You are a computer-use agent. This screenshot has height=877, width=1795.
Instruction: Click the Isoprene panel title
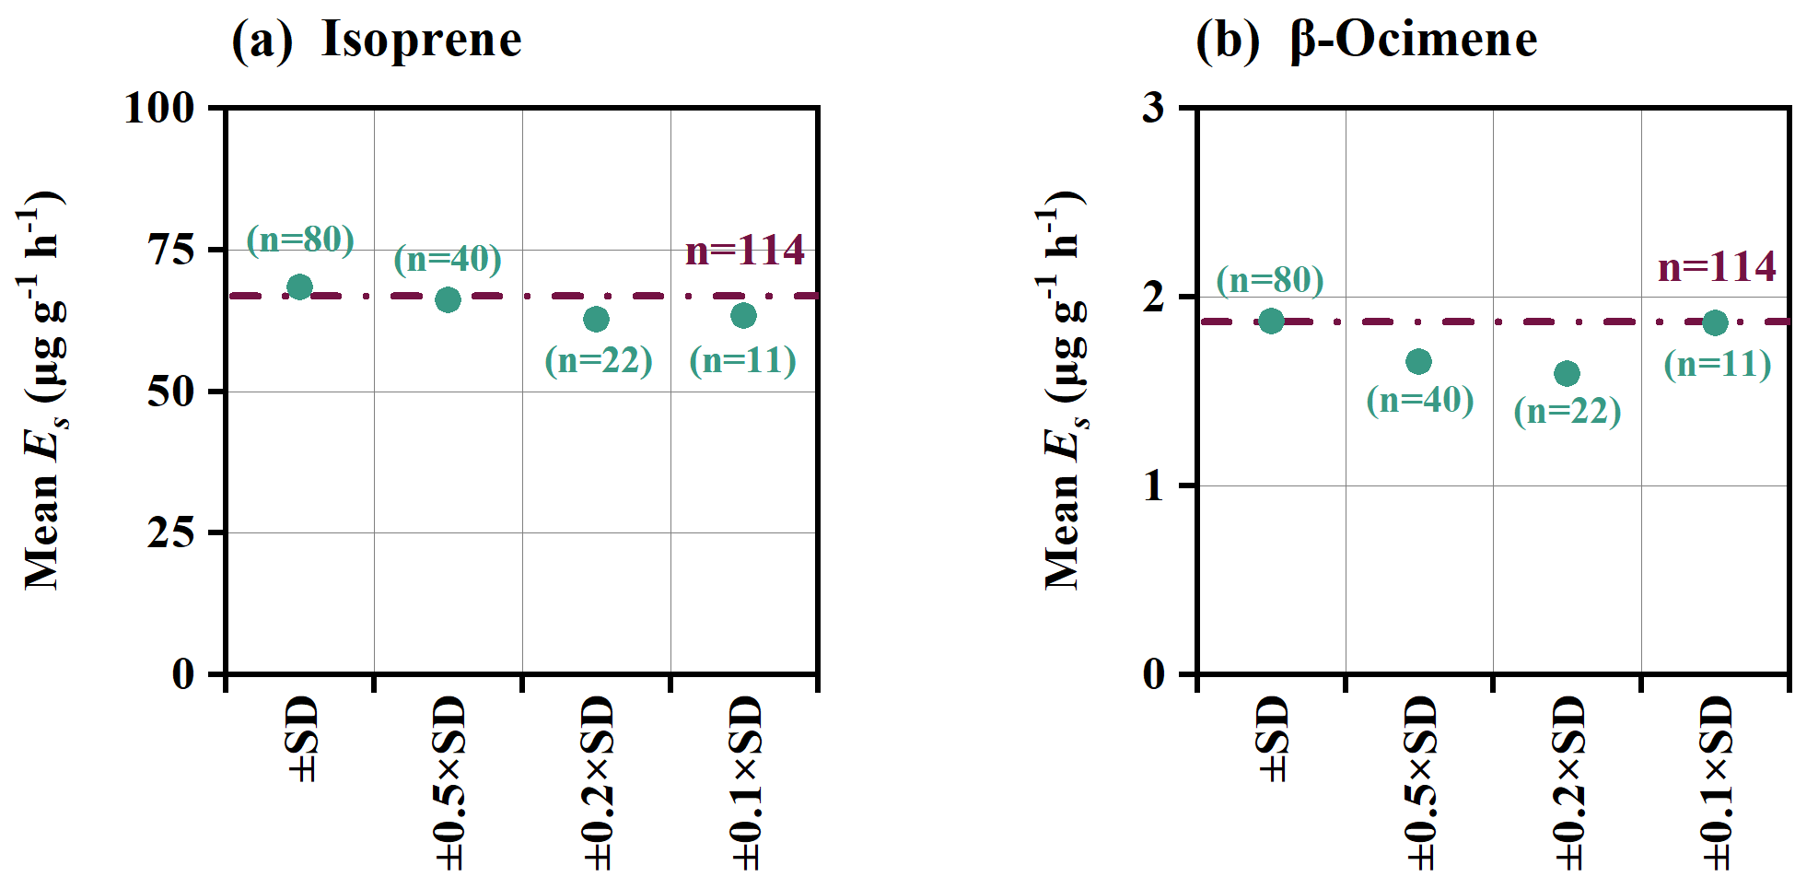point(377,40)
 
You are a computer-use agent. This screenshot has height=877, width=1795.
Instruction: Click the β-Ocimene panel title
point(1367,40)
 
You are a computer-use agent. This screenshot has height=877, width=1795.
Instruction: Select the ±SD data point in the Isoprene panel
point(299,286)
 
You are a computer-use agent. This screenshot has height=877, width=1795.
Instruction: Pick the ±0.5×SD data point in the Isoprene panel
point(448,299)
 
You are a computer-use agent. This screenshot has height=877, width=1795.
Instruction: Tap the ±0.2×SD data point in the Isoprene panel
point(596,319)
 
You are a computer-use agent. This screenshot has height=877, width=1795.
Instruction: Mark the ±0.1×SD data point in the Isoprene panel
point(743,315)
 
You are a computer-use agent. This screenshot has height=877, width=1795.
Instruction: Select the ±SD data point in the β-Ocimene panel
point(1271,321)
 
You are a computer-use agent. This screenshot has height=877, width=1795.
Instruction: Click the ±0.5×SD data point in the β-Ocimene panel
point(1418,361)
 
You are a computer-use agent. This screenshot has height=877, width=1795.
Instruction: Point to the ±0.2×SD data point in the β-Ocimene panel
point(1567,373)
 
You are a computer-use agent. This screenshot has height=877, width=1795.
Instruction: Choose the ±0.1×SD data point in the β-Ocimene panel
point(1715,322)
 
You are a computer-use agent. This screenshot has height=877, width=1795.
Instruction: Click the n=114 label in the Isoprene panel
point(745,251)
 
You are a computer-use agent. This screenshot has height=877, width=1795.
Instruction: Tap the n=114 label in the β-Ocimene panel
point(1717,267)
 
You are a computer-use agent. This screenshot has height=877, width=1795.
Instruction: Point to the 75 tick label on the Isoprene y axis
point(171,249)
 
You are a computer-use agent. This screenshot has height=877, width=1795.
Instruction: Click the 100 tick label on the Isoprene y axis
point(159,108)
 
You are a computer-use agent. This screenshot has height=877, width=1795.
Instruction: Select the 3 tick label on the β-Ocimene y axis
point(1154,108)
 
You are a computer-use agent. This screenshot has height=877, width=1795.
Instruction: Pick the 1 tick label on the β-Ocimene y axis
point(1154,485)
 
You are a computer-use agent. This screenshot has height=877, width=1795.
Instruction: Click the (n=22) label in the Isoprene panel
point(599,359)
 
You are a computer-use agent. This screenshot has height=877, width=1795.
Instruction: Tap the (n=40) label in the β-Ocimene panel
point(1420,400)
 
